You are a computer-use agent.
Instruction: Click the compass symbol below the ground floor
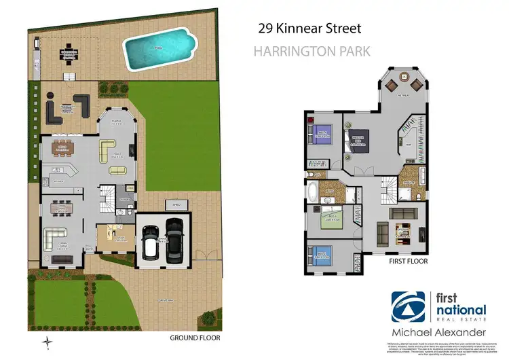[x=47, y=342]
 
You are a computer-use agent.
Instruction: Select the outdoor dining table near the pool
[x=69, y=52]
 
